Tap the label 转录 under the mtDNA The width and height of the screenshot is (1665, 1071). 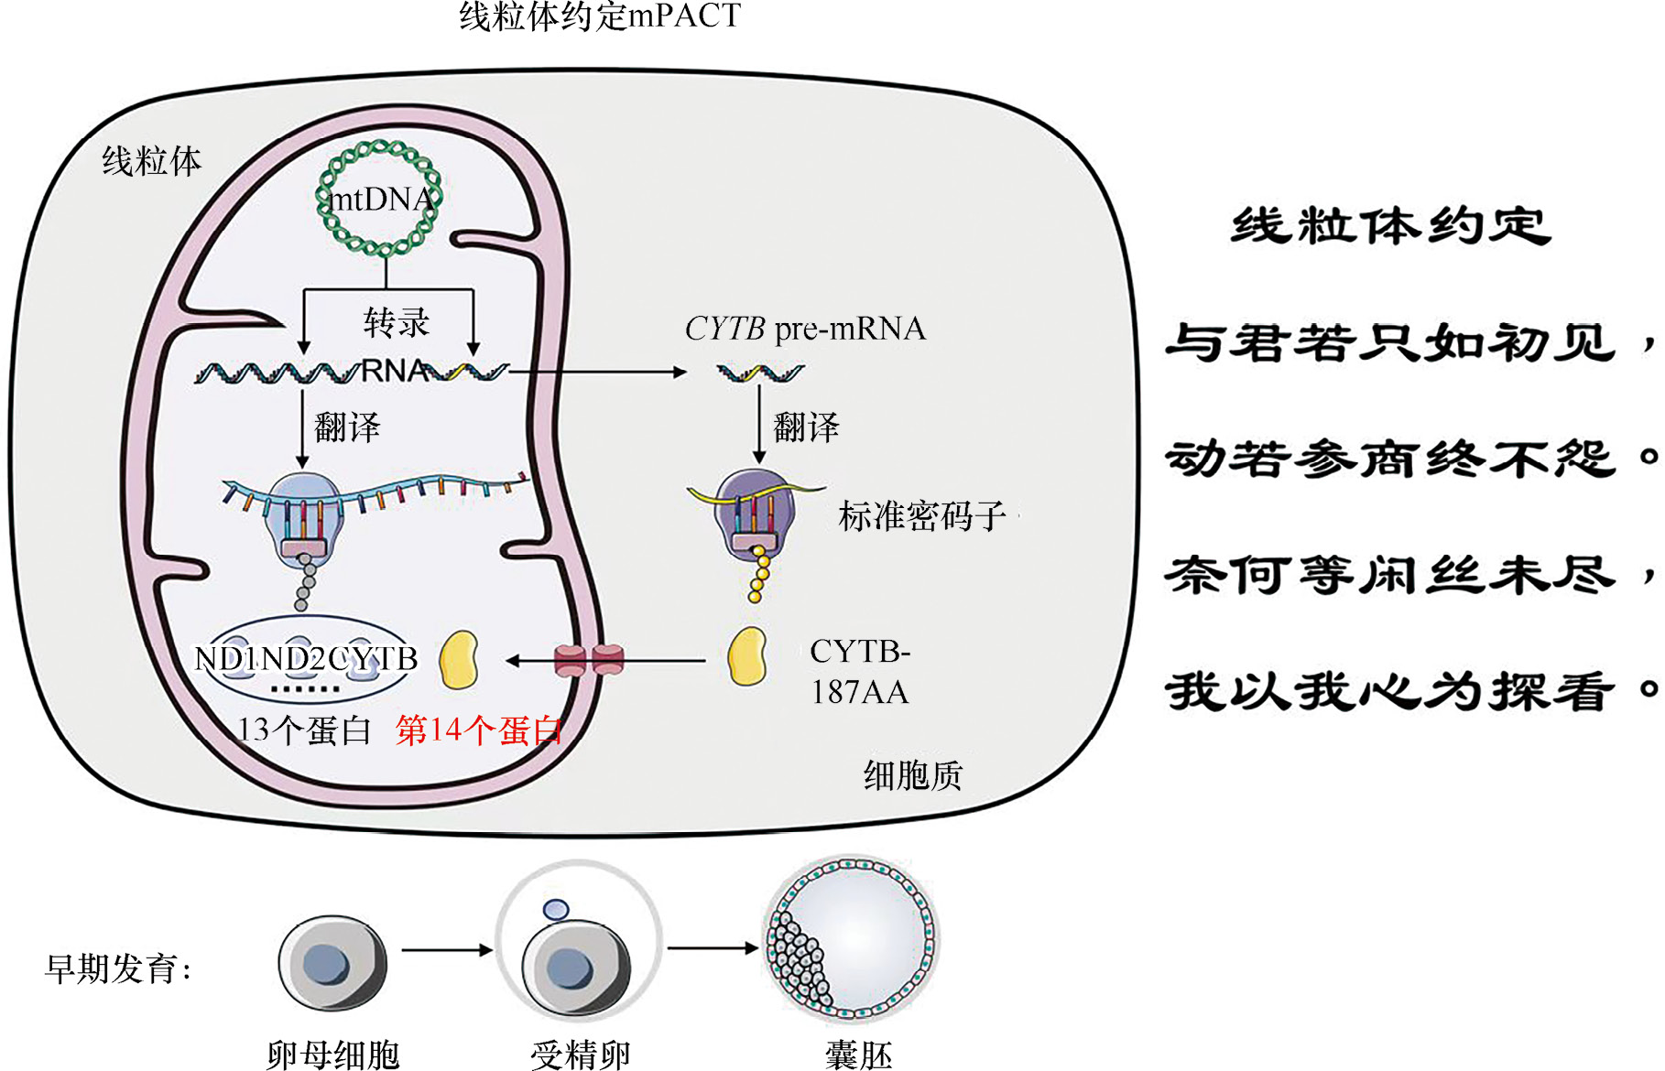[396, 322]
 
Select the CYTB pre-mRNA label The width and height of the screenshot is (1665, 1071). [805, 329]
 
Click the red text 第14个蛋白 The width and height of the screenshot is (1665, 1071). [478, 730]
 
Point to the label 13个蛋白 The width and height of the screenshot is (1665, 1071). [304, 730]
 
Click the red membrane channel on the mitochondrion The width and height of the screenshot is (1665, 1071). [589, 660]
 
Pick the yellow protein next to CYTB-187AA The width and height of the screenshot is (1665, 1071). [747, 656]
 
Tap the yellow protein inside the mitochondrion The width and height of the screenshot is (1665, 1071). [459, 659]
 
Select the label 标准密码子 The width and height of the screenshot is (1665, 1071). [921, 517]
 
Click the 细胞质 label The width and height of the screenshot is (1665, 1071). [912, 776]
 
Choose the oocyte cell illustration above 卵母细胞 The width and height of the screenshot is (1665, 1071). [332, 964]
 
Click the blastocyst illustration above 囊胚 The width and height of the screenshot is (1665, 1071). [852, 941]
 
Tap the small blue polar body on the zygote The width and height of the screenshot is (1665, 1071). [556, 909]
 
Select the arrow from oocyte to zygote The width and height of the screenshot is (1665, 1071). [446, 950]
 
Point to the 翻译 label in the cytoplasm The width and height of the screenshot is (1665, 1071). [806, 427]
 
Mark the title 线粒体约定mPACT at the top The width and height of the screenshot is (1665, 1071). [600, 16]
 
